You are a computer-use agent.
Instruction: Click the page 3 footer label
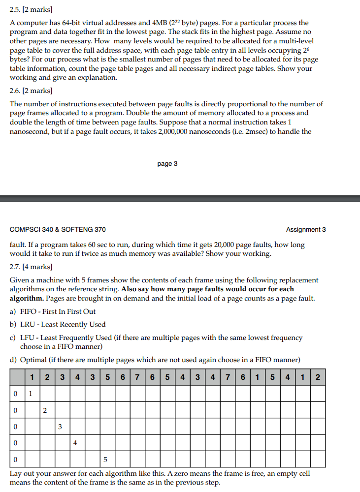[x=167, y=164]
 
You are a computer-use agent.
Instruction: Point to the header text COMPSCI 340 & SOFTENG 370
[x=58, y=229]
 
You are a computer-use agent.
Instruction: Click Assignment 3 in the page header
[x=305, y=229]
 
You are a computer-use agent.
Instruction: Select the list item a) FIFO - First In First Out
[x=53, y=311]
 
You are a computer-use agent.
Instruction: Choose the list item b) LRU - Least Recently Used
[x=58, y=324]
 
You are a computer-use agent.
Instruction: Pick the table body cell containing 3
[x=61, y=427]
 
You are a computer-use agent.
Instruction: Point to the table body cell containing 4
[x=75, y=443]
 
